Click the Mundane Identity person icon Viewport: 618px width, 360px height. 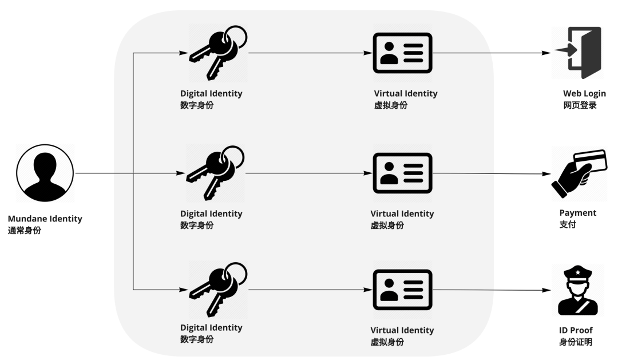click(x=45, y=173)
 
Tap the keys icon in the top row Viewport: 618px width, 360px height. click(x=218, y=53)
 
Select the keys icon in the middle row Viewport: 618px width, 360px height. click(x=215, y=173)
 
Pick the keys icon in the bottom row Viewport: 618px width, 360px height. click(x=218, y=290)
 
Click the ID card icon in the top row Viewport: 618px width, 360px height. click(x=402, y=53)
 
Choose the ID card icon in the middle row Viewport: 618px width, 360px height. click(x=402, y=173)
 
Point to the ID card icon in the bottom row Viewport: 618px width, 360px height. click(x=402, y=290)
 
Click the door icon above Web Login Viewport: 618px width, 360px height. click(x=578, y=53)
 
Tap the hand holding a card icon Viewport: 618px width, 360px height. click(x=579, y=173)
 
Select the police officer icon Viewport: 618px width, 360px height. click(x=578, y=290)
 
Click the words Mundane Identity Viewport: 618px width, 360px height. click(x=45, y=219)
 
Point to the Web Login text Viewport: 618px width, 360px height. click(x=584, y=94)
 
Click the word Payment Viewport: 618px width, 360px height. click(x=578, y=213)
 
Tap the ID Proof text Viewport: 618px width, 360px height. click(x=576, y=330)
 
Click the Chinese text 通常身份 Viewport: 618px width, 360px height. click(x=25, y=230)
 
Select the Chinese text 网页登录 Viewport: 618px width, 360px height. click(x=580, y=105)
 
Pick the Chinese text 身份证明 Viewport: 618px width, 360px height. click(x=576, y=342)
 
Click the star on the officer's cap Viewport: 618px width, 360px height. click(x=578, y=272)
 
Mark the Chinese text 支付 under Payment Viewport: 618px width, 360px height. click(x=568, y=224)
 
